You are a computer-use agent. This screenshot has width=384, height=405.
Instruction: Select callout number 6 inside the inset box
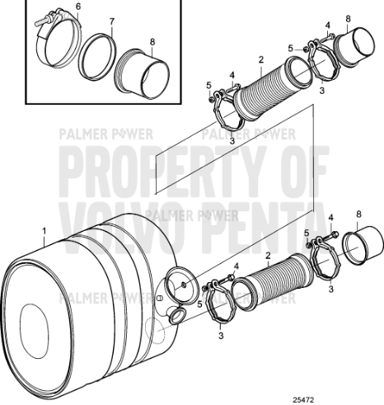click(77, 7)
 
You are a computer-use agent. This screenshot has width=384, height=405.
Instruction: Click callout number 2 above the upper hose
click(260, 59)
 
